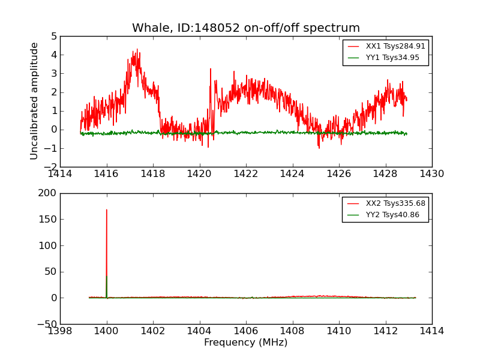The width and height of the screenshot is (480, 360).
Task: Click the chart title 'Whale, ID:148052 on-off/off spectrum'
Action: coord(246,28)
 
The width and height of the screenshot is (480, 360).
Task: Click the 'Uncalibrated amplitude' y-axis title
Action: coord(35,101)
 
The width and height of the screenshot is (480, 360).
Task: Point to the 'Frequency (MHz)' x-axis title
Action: coord(246,343)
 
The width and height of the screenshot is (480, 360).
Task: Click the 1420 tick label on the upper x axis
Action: coord(199,174)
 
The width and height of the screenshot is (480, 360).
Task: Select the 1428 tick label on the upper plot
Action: coord(385,174)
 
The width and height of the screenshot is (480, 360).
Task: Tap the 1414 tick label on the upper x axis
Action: coord(60,174)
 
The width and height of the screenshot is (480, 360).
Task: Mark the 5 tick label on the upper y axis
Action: coord(54,37)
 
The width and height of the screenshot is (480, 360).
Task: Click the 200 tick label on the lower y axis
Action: coord(48,193)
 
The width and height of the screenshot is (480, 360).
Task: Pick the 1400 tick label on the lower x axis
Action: coord(107,331)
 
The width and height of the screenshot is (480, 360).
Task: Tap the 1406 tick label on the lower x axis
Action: coord(246,331)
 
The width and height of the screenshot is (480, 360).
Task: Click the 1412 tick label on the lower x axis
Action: coord(385,331)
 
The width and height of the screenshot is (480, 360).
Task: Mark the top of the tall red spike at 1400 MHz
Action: coord(107,209)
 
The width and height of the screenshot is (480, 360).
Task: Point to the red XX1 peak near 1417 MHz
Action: coord(137,50)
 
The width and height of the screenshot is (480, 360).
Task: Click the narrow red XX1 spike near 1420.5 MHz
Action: coord(211,68)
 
